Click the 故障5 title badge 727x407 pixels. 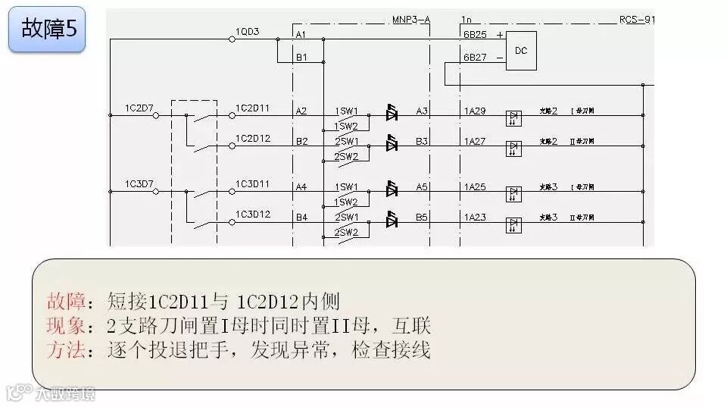[x=47, y=30]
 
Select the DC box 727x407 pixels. [x=521, y=51]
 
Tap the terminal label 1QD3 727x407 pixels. [x=247, y=32]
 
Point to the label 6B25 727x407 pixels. [x=475, y=35]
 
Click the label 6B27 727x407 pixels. [x=475, y=57]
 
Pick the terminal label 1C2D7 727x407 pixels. [x=139, y=108]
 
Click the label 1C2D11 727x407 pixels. [x=253, y=108]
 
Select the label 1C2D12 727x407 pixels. [x=253, y=139]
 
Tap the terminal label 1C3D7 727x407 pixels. [x=139, y=184]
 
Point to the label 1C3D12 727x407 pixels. [x=253, y=214]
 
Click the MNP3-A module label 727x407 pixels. [x=411, y=19]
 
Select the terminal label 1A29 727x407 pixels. [x=475, y=111]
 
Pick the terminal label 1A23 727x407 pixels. [x=475, y=218]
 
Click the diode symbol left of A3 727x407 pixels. [x=392, y=113]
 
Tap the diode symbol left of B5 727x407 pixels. [x=392, y=220]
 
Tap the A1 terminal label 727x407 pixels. [x=301, y=35]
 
